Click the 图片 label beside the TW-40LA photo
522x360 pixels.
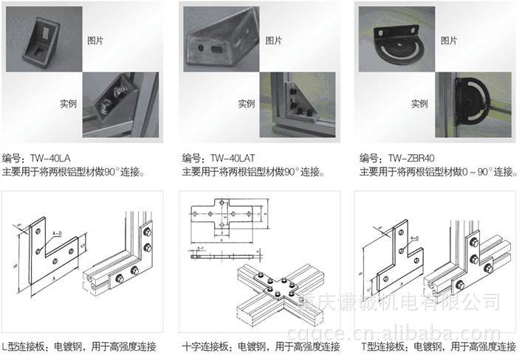coord(95,40)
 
